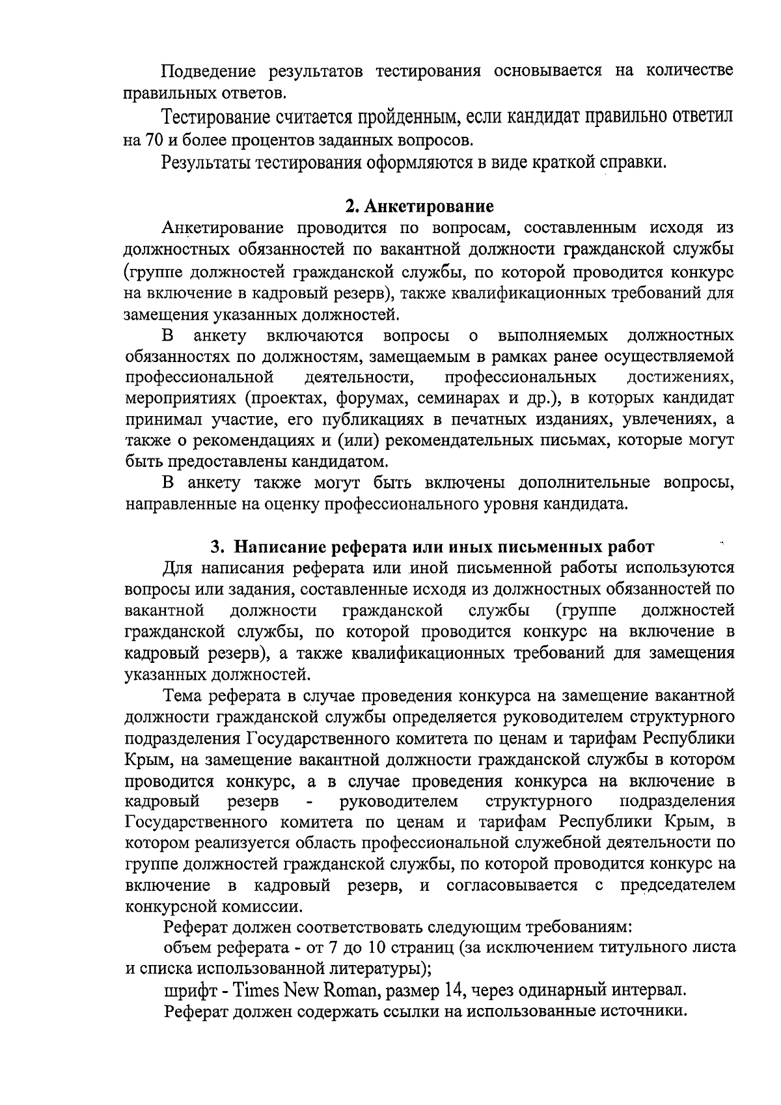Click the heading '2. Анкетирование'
pyautogui.click(x=419, y=206)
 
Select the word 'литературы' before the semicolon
pyautogui.click(x=370, y=968)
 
